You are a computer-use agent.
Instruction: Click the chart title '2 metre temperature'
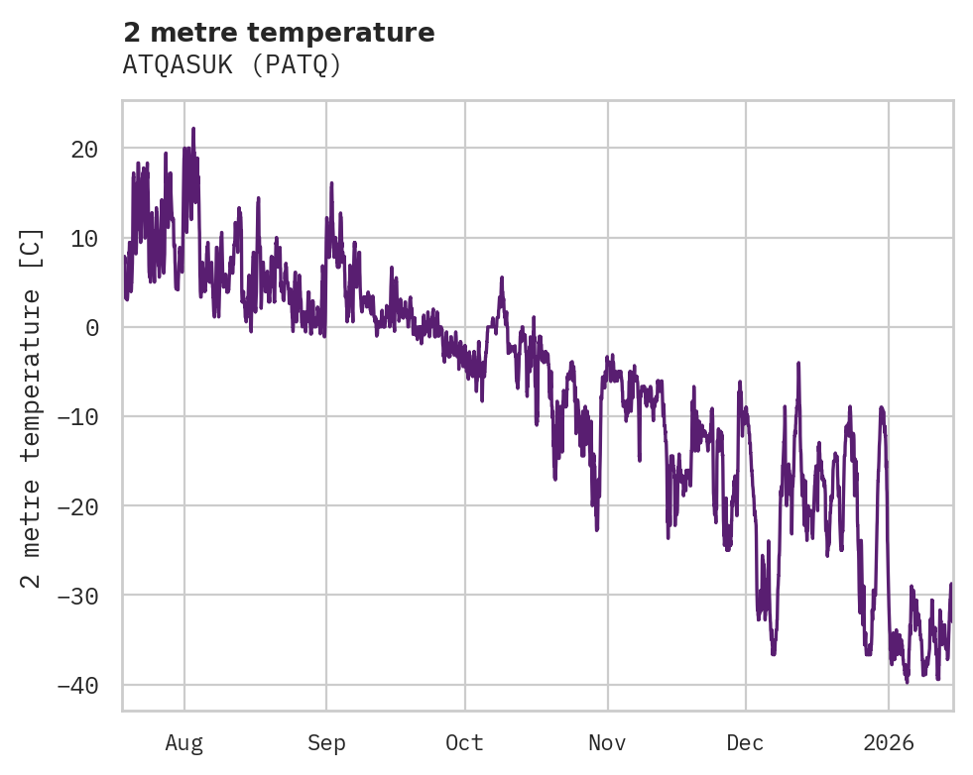[x=279, y=33]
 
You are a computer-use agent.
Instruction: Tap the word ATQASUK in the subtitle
[x=177, y=64]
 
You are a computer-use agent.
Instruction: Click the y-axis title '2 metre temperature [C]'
[x=33, y=406]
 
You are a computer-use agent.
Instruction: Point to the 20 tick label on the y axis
[x=84, y=150]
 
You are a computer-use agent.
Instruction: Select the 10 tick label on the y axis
[x=84, y=239]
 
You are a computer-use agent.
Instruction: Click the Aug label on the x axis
[x=183, y=742]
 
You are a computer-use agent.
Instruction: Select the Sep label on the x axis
[x=326, y=742]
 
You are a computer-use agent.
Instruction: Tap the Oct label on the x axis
[x=464, y=742]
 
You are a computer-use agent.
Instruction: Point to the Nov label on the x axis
[x=607, y=742]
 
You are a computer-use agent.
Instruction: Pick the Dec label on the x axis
[x=745, y=742]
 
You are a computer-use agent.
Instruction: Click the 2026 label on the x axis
[x=888, y=742]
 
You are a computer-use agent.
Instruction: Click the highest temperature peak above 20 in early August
[x=193, y=129]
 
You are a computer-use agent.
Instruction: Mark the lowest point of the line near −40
[x=907, y=682]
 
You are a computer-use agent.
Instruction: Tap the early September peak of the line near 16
[x=331, y=183]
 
